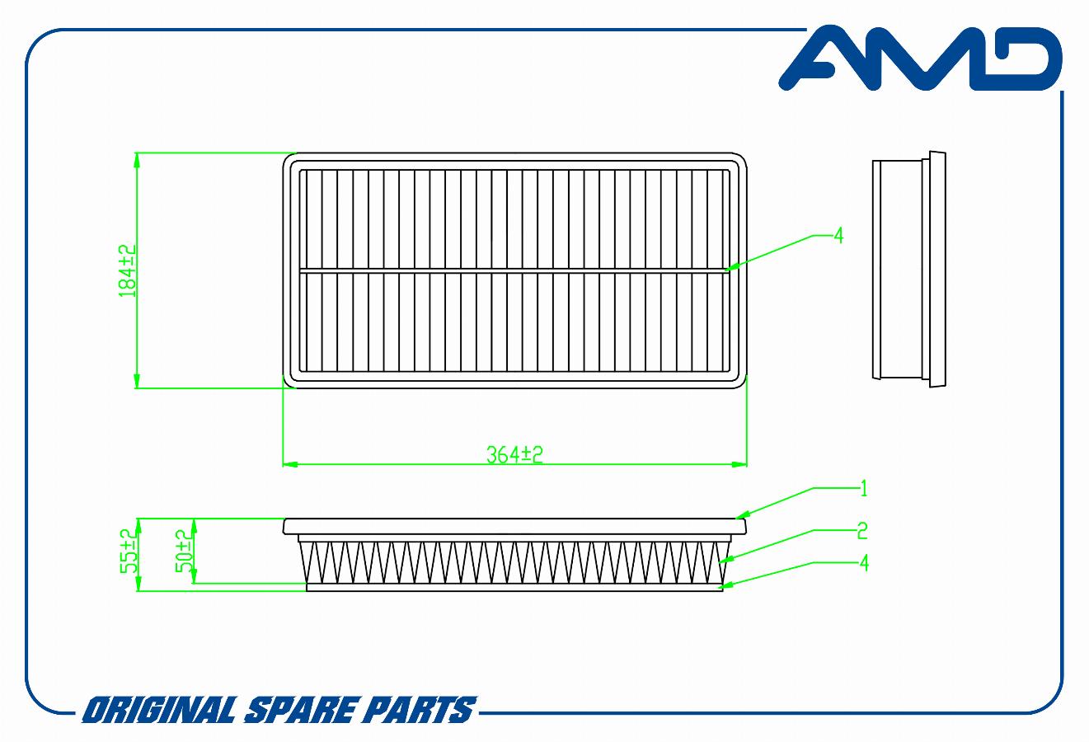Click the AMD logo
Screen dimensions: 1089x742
(920, 59)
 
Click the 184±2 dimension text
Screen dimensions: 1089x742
(128, 271)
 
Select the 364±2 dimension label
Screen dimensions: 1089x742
(514, 454)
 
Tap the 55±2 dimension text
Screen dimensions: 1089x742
(129, 551)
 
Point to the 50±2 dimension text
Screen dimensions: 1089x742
(184, 551)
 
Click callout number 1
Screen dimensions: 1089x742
(863, 489)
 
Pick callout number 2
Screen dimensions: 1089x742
(862, 531)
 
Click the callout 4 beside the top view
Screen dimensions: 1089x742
(838, 237)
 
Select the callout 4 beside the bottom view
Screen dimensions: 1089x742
(864, 563)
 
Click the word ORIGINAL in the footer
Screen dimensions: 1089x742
(159, 710)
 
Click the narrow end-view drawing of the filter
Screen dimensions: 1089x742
(908, 270)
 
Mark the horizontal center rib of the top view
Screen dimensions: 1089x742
(514, 270)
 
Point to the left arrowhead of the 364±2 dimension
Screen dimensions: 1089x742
(289, 464)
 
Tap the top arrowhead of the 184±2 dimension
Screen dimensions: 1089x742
(137, 160)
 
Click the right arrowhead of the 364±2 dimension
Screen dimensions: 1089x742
(739, 464)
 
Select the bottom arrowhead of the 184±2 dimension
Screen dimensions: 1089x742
(137, 381)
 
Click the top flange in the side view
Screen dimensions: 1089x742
(514, 527)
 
